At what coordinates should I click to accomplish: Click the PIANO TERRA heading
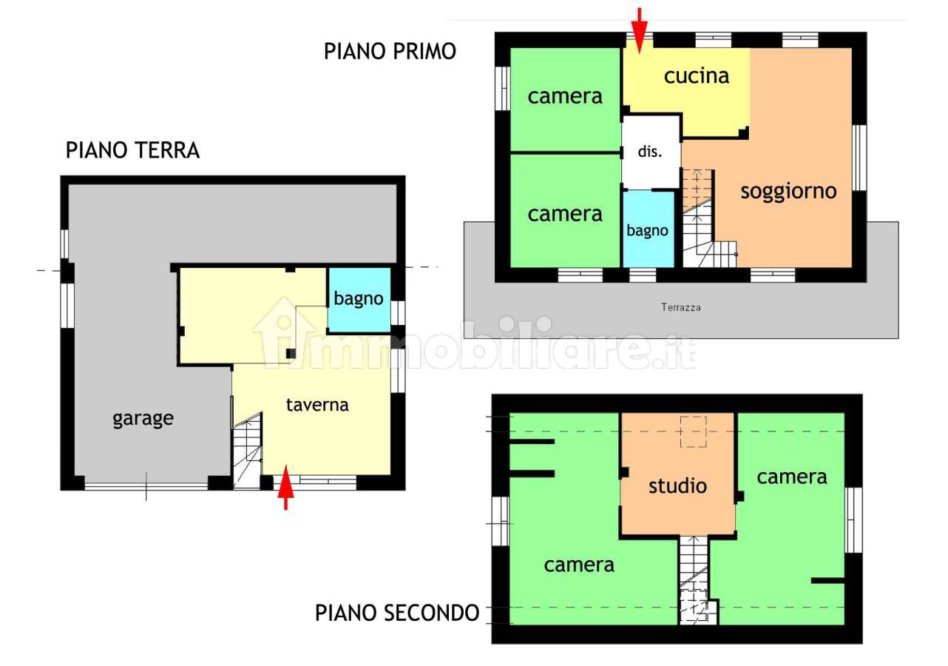tap(132, 151)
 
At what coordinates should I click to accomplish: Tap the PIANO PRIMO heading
tap(390, 52)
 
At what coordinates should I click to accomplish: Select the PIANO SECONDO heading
tap(397, 613)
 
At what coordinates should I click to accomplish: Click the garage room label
tap(143, 419)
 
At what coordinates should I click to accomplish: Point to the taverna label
tap(317, 405)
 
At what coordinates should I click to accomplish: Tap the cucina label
tap(696, 76)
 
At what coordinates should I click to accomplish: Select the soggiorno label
tap(788, 192)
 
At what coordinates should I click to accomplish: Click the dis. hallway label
tap(650, 151)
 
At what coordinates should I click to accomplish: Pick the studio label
tap(677, 485)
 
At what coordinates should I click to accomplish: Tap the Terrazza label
tap(680, 307)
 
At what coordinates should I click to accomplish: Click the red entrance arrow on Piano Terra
tap(286, 488)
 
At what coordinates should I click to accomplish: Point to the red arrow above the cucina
tap(640, 31)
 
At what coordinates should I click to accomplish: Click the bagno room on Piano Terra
tap(359, 300)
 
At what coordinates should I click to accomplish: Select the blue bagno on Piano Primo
tap(648, 229)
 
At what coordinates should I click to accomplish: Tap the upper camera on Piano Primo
tap(565, 99)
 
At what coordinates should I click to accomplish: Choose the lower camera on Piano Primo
tap(565, 211)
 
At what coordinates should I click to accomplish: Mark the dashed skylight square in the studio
tap(693, 431)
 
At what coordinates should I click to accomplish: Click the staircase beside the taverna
tap(247, 450)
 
